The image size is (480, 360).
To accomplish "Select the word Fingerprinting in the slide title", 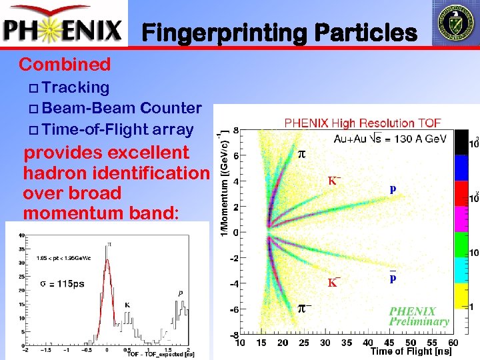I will point(223,32).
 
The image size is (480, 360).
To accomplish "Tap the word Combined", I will point(65,65).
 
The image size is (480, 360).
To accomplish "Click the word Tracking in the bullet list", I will point(79,87).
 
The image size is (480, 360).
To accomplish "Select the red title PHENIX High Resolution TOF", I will point(362,123).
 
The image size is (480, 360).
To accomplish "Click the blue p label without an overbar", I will point(393,189).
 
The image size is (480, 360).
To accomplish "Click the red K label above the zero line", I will point(335,180).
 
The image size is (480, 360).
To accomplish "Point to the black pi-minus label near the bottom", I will point(303,307).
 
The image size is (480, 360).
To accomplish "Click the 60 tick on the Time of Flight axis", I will point(454,343).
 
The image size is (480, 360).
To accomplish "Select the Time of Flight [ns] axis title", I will point(411,351).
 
